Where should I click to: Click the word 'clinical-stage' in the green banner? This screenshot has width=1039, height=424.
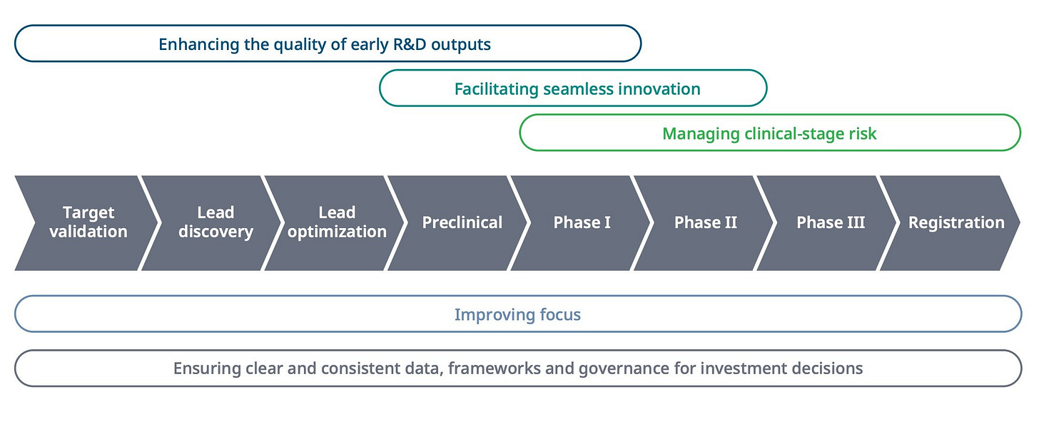pyautogui.click(x=794, y=134)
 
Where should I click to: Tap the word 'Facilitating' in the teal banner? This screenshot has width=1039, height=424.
pyautogui.click(x=497, y=90)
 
